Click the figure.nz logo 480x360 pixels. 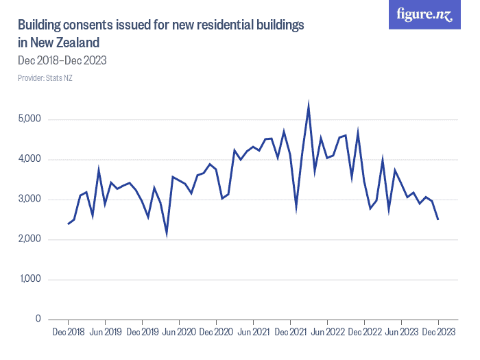(424, 14)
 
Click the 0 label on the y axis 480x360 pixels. (39, 320)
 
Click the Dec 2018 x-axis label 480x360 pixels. (69, 333)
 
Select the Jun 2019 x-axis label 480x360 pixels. (106, 333)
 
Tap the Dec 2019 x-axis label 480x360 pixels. (143, 333)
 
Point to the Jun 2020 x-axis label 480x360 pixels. (180, 333)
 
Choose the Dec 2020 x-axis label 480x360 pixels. (217, 333)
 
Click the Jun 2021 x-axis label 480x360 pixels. (254, 333)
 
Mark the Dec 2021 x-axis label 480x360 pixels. (291, 333)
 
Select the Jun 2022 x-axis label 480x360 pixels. (328, 333)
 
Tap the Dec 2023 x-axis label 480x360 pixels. (438, 333)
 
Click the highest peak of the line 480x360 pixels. (309, 106)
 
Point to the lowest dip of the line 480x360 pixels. (167, 234)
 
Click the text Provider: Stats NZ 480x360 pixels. (45, 78)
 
